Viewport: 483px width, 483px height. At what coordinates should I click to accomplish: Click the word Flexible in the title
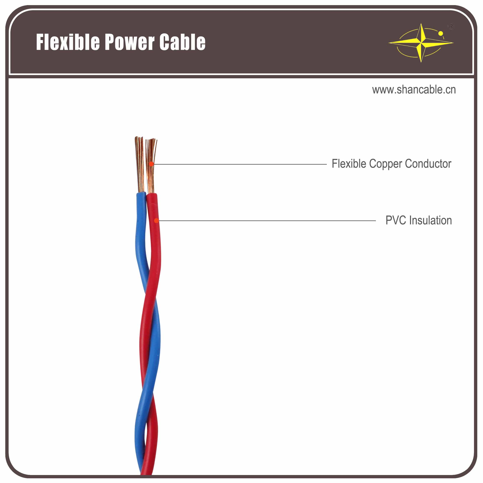click(68, 42)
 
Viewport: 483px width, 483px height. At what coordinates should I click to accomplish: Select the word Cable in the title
click(182, 42)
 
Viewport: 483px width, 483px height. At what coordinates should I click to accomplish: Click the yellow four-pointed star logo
click(421, 43)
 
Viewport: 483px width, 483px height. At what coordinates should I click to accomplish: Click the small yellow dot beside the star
click(440, 34)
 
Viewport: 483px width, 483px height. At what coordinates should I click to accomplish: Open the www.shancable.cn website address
click(414, 90)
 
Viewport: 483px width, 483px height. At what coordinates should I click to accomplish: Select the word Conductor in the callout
click(428, 164)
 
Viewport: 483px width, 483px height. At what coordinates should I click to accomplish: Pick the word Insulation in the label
click(430, 220)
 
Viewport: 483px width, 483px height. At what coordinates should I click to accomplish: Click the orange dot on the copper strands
click(151, 164)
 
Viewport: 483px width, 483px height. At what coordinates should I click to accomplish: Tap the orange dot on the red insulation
click(156, 220)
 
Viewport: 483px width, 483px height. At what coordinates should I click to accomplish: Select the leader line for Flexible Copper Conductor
click(240, 164)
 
